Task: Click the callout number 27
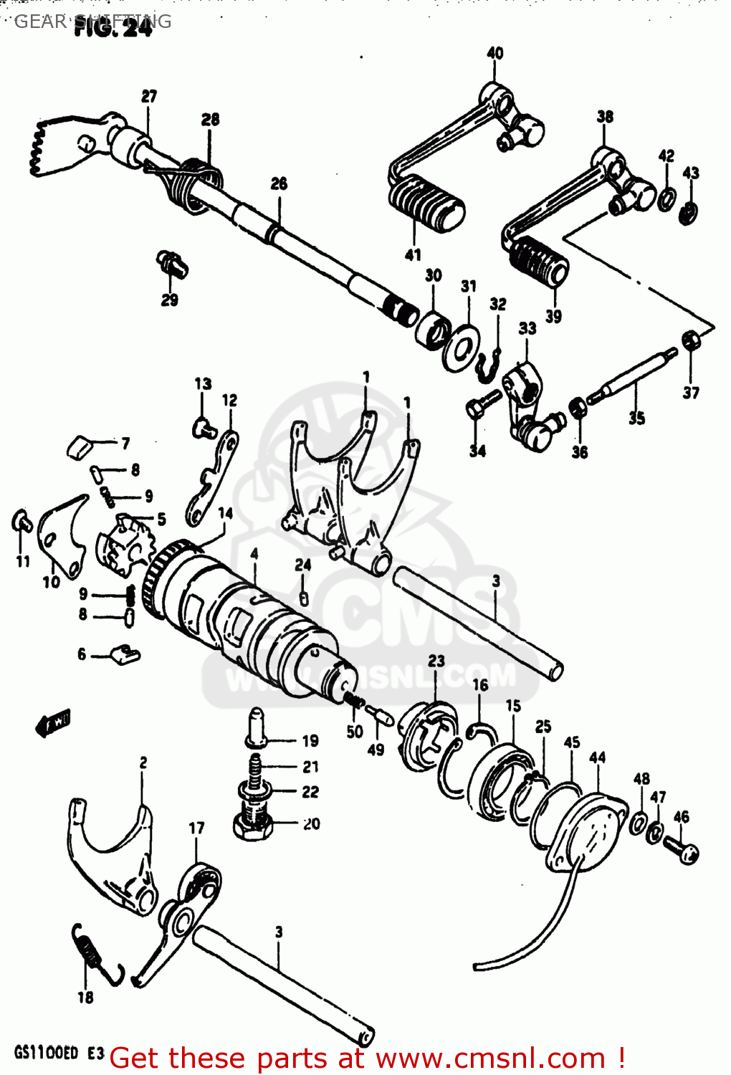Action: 148,96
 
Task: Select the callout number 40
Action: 494,53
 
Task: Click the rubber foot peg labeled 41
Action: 426,200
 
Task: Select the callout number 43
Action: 690,173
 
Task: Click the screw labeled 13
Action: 204,428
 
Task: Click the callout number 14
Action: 225,513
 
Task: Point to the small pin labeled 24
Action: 303,598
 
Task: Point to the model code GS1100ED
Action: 46,1053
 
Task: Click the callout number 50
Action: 355,732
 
